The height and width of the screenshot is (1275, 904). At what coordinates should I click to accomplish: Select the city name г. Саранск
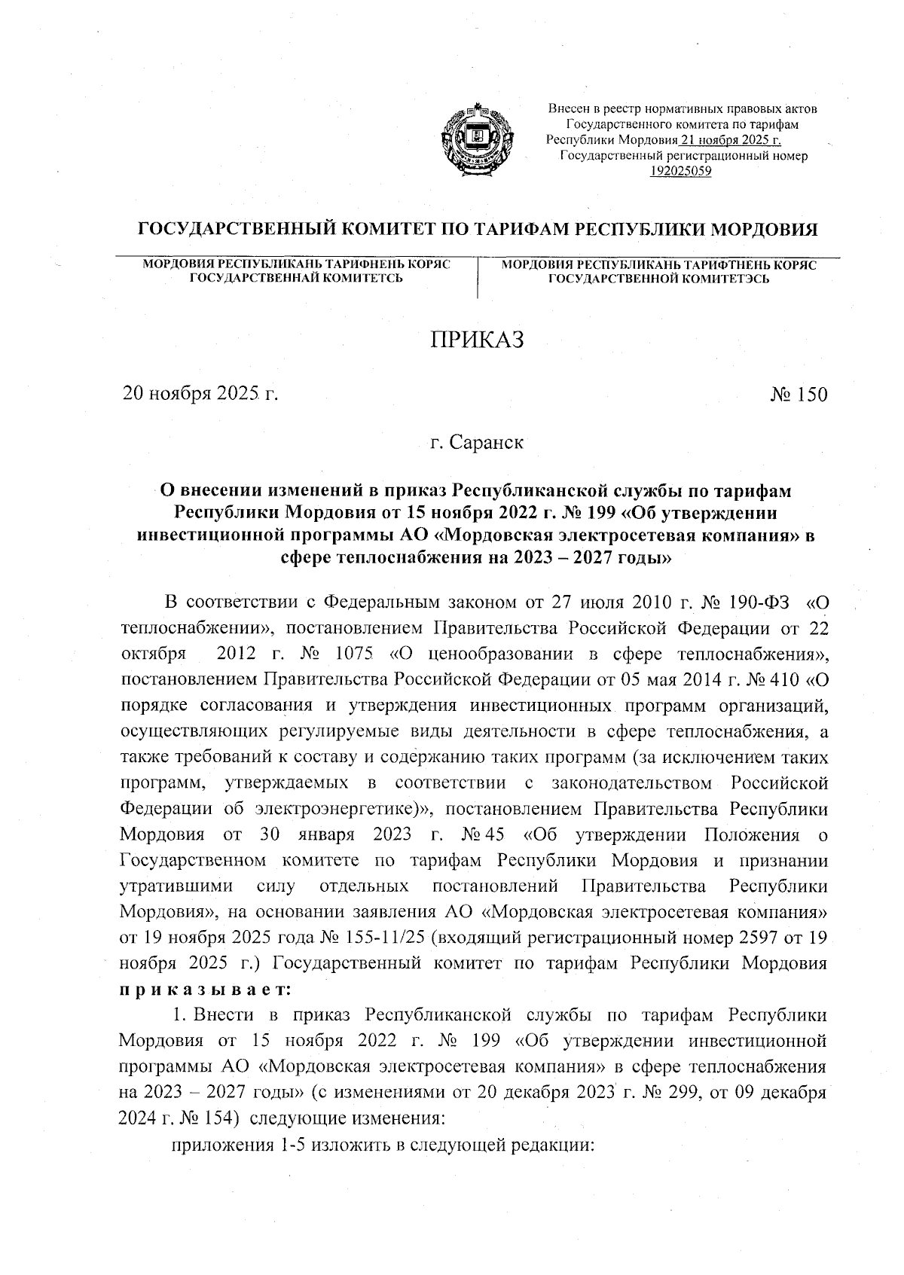477,442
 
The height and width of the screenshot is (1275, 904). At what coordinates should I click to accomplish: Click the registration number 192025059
681,171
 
